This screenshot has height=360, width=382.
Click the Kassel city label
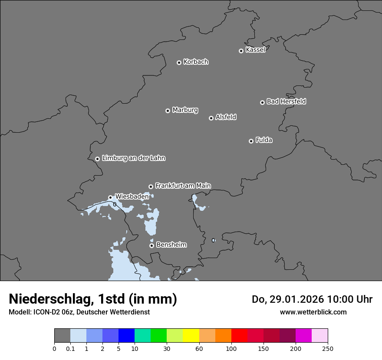pyautogui.click(x=255, y=50)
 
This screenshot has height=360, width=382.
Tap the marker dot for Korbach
pyautogui.click(x=179, y=62)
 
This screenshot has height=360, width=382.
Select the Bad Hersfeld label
pyautogui.click(x=286, y=101)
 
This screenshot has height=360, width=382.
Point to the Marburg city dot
pyautogui.click(x=168, y=111)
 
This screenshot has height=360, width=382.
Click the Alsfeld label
pyautogui.click(x=226, y=117)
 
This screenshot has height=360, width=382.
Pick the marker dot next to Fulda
pyautogui.click(x=251, y=141)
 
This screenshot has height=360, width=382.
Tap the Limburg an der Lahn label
pyautogui.click(x=133, y=158)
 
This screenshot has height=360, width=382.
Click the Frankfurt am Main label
pyautogui.click(x=183, y=186)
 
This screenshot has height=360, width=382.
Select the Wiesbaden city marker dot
pyautogui.click(x=110, y=197)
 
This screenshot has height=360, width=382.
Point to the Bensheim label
pyautogui.click(x=171, y=245)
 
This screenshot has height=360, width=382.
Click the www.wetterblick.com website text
pyautogui.click(x=313, y=312)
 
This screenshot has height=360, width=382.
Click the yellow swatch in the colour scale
pyautogui.click(x=191, y=336)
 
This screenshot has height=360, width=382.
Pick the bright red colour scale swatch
pyautogui.click(x=239, y=336)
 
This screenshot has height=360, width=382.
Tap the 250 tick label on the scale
pyautogui.click(x=328, y=348)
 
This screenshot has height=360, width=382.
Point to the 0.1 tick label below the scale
pyautogui.click(x=70, y=348)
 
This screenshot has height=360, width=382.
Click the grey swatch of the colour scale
pyautogui.click(x=62, y=336)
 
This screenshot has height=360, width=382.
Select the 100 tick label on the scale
pyautogui.click(x=231, y=348)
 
